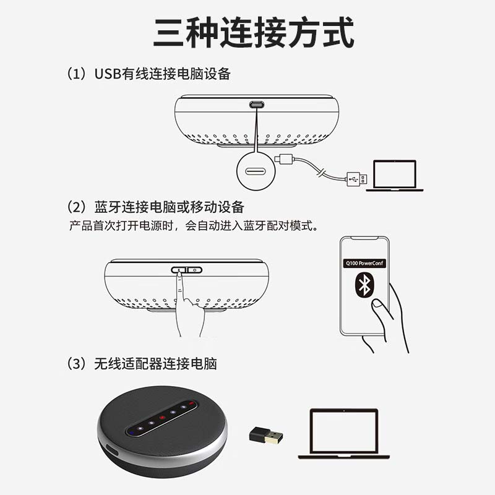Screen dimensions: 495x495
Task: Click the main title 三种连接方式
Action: click(x=254, y=33)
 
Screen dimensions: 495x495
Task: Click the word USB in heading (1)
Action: click(x=108, y=74)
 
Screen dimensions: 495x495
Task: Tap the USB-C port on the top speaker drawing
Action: click(x=257, y=105)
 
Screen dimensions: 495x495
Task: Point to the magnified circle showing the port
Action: click(x=256, y=171)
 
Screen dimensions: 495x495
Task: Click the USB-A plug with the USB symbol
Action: click(x=357, y=179)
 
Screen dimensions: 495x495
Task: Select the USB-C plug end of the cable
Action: click(x=284, y=159)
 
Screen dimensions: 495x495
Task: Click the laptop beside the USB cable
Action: click(x=395, y=176)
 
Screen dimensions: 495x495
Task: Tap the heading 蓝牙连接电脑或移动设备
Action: click(x=169, y=207)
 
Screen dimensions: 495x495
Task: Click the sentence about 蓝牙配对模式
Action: click(x=194, y=226)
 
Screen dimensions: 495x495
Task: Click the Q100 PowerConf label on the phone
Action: click(x=364, y=263)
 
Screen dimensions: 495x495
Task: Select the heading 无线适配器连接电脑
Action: click(x=156, y=364)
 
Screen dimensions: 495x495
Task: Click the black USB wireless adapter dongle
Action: click(x=266, y=436)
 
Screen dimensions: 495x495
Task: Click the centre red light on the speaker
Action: click(x=162, y=417)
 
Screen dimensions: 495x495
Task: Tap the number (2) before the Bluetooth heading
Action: click(x=77, y=207)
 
